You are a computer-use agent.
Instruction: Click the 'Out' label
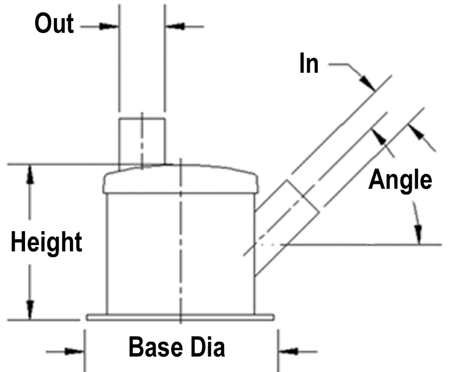54,23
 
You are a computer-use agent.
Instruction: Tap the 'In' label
309,63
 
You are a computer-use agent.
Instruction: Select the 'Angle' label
400,180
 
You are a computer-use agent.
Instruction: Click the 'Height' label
46,242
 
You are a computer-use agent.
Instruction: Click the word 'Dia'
208,347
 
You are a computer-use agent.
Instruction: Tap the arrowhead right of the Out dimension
175,27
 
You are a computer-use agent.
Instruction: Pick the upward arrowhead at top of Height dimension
30,174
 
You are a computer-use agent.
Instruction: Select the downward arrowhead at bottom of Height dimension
30,310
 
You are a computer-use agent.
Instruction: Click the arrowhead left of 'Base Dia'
75,351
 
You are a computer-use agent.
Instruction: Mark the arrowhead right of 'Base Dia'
288,351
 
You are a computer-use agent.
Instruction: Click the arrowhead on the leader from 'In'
367,83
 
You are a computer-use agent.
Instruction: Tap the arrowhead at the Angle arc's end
419,235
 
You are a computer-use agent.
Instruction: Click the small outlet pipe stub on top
142,141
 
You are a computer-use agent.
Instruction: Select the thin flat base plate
181,317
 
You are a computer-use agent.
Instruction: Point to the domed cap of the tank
181,179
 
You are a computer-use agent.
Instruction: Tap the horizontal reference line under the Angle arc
361,245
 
